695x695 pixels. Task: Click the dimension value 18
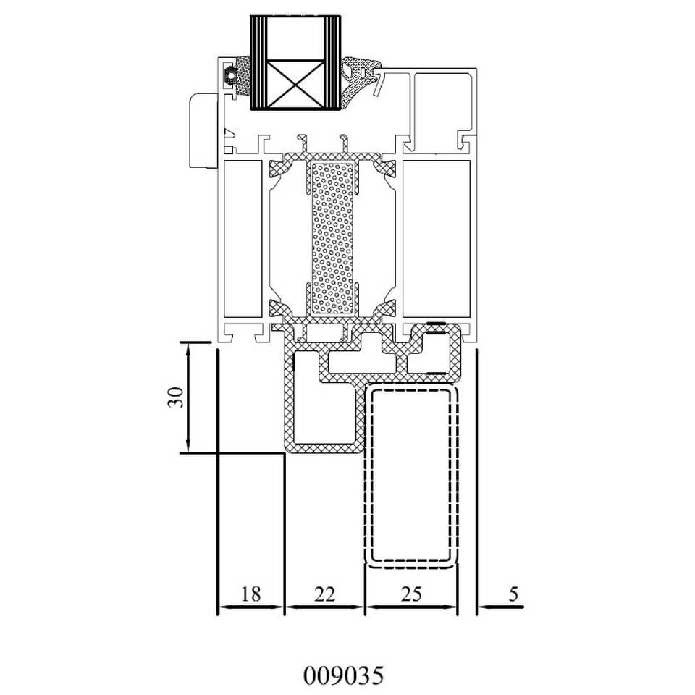(250, 594)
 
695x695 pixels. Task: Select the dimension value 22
(324, 594)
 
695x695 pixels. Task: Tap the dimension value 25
(411, 594)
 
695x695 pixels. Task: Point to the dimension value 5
(513, 594)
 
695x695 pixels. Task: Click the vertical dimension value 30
(175, 397)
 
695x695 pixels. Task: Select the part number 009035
(343, 675)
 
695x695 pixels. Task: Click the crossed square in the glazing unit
(296, 84)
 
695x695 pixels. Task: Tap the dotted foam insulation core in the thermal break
(332, 238)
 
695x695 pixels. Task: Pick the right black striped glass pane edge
(332, 62)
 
